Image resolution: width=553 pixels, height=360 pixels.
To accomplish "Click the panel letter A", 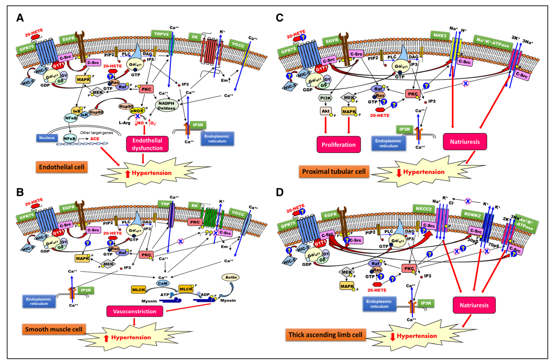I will click(x=20, y=18).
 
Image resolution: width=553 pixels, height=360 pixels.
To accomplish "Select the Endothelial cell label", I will click(x=61, y=167).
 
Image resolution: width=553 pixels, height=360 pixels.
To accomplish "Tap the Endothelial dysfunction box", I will click(x=147, y=144).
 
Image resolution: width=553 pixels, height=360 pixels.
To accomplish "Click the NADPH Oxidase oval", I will click(x=167, y=105).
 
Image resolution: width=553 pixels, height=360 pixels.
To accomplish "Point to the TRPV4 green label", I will click(x=162, y=34).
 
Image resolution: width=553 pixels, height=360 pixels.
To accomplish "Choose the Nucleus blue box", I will click(x=47, y=138).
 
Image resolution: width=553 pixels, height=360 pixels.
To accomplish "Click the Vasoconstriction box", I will click(x=134, y=311).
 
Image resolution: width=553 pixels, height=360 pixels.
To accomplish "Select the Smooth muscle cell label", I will click(x=54, y=329).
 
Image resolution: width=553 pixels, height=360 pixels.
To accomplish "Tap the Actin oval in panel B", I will click(x=231, y=277).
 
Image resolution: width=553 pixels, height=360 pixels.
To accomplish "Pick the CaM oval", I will click(x=162, y=284).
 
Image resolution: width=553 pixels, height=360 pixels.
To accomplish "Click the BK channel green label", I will click(x=194, y=206).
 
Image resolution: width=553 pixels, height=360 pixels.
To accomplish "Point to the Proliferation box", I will click(x=339, y=145).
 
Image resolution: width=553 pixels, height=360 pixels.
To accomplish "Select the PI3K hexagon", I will click(x=325, y=98).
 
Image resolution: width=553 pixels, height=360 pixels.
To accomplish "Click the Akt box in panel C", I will click(x=326, y=111).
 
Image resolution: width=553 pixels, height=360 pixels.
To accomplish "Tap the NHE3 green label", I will click(x=440, y=36).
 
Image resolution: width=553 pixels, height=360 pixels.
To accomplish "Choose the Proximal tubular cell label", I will click(x=334, y=172).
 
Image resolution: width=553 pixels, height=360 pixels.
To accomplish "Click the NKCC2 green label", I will click(x=424, y=209).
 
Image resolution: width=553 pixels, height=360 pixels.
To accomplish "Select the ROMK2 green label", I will click(x=472, y=215).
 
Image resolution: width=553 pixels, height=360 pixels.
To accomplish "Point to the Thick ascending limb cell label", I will click(x=325, y=335).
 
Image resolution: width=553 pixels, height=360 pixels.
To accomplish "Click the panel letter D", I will click(x=279, y=192).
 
